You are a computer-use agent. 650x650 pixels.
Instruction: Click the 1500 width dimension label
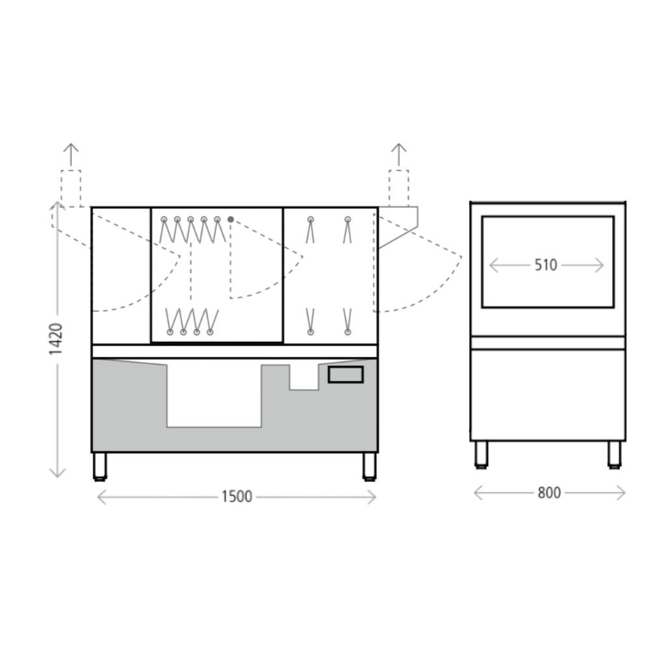(x=237, y=496)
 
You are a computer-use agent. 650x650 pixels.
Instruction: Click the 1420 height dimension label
(x=55, y=339)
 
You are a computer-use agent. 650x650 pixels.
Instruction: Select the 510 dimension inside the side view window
(x=545, y=265)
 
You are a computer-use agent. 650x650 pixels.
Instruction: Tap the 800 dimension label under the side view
(x=549, y=493)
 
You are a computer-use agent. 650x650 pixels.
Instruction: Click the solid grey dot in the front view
(x=231, y=219)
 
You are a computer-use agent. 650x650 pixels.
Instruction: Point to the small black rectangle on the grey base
(x=346, y=374)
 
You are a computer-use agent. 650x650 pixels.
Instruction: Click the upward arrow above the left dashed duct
(x=71, y=155)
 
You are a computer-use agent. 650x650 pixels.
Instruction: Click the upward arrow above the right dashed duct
(x=399, y=155)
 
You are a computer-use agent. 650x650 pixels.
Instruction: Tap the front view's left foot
(x=100, y=467)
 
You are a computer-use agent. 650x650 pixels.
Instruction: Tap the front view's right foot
(x=369, y=467)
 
